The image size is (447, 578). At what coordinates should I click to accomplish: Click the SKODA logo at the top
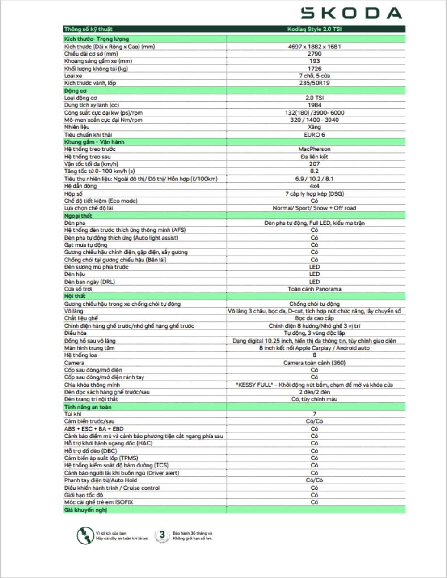point(351,13)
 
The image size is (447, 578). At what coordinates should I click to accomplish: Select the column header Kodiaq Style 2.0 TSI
point(314,29)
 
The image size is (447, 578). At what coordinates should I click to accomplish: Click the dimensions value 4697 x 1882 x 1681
point(314,47)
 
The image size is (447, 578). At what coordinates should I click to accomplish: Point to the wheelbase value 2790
point(314,54)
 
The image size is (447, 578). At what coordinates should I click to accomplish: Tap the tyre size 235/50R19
point(314,83)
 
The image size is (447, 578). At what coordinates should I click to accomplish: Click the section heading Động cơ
point(75,90)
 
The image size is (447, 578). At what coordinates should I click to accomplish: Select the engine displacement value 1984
point(314,105)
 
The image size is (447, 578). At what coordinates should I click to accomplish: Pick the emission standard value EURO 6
point(314,134)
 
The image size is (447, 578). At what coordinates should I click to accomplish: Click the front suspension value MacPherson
point(314,149)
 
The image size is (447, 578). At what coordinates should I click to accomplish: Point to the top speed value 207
point(314,164)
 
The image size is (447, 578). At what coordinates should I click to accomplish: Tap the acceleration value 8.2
point(314,171)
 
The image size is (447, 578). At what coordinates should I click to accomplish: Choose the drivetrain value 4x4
point(314,186)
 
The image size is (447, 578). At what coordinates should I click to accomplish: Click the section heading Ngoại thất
point(78,215)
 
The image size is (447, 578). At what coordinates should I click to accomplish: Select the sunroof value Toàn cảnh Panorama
point(314,289)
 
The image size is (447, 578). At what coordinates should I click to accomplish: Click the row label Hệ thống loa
point(80,355)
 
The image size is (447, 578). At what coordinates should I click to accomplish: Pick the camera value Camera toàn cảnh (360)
point(314,363)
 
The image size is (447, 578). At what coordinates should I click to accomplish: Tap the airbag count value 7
point(314,414)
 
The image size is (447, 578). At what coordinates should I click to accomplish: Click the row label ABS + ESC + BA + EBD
point(94,428)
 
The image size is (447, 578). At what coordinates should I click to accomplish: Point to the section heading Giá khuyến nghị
point(85,510)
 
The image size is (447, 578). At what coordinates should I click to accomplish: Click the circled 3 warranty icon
point(162,535)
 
